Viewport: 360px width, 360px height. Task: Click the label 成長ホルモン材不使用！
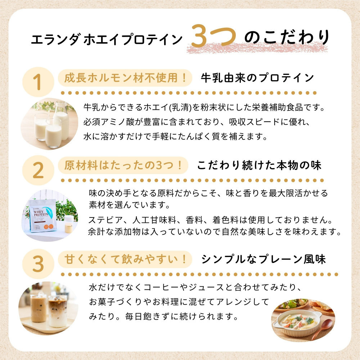pyautogui.click(x=123, y=78)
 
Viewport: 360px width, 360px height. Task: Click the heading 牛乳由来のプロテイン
pyautogui.click(x=257, y=78)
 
